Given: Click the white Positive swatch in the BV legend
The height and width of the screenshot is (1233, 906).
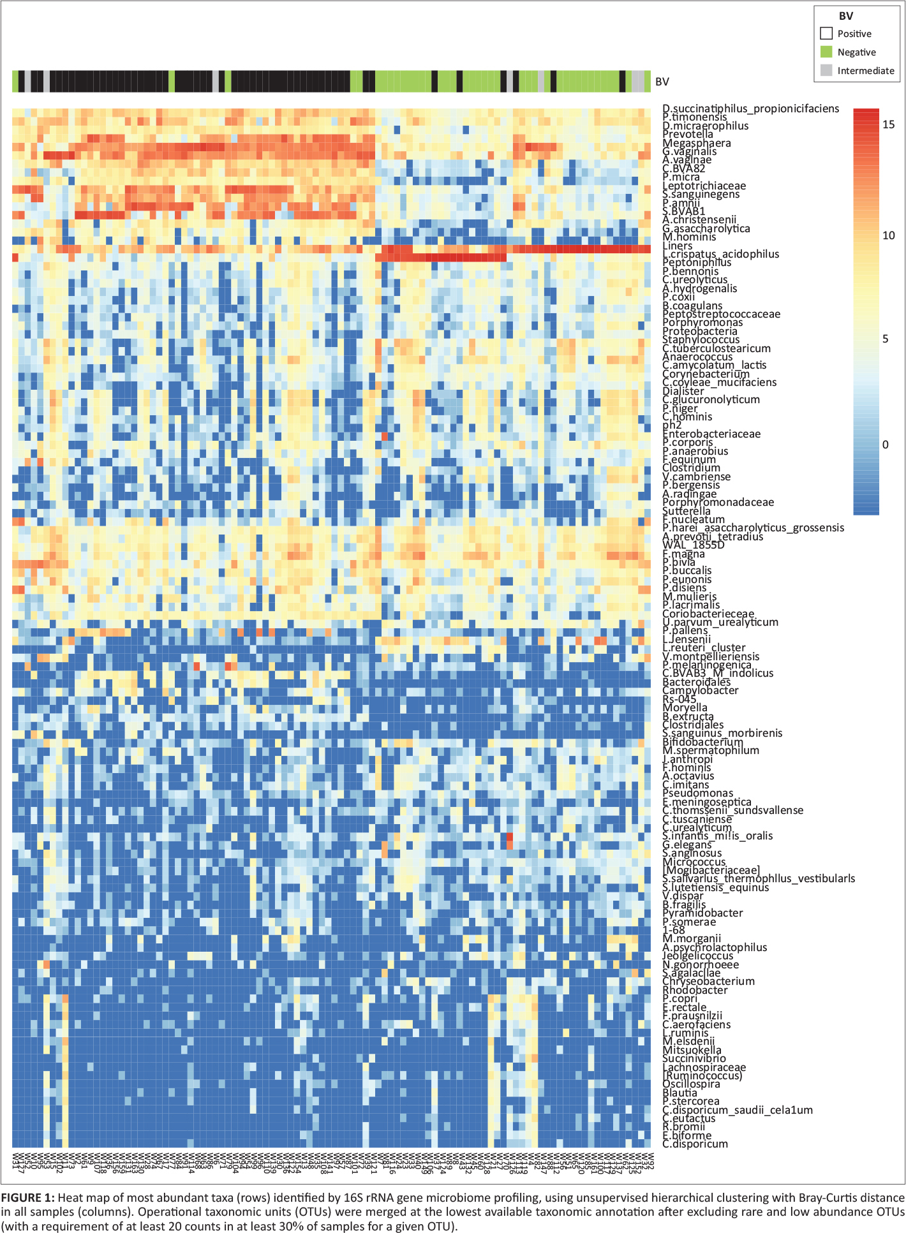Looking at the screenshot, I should point(826,33).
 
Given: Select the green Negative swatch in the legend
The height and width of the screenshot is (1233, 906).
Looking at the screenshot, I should point(826,52).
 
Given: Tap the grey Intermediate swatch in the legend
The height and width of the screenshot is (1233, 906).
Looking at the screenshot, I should point(826,70).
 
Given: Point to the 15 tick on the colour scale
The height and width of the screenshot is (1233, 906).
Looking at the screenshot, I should point(888,124).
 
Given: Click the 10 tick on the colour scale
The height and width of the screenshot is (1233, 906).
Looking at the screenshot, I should point(888,235).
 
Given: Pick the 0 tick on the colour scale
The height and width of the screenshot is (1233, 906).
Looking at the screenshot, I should point(885,445).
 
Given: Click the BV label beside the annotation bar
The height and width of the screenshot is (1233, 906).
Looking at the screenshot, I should point(662,82).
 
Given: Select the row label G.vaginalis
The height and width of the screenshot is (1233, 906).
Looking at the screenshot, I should point(689,152).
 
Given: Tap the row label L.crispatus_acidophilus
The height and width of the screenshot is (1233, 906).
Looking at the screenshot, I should point(720,254).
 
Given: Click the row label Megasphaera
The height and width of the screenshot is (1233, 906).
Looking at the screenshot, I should point(696,143).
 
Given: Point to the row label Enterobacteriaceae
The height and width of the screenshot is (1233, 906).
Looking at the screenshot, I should point(711,434).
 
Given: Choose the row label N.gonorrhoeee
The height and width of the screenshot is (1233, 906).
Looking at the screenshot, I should point(701,964).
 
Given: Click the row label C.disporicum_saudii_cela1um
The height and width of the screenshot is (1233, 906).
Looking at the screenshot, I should point(738,1110).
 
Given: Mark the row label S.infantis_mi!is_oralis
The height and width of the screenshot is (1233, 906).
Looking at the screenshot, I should point(717,836).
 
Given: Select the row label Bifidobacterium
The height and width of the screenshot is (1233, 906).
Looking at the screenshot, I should point(702,742).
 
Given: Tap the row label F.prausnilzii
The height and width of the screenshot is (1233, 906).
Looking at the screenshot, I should point(692,1015).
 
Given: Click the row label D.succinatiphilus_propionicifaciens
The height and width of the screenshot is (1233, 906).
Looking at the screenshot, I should point(750,108).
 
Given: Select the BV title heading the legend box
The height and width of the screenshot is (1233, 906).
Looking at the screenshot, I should point(845,16).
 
